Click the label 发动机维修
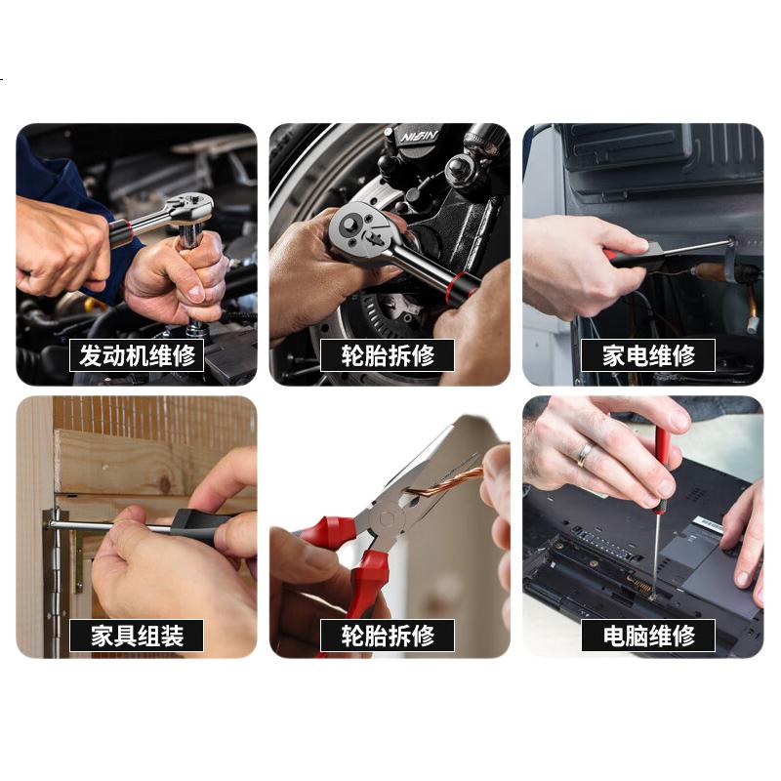point(137,355)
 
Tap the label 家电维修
point(648,355)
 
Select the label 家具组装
point(137,636)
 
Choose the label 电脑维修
point(648,636)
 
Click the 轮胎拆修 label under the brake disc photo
point(387,355)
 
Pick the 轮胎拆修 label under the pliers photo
point(387,636)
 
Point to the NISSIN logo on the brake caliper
point(419,137)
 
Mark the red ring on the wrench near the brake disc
point(456,288)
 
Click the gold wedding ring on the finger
point(584,454)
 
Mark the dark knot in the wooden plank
point(164,483)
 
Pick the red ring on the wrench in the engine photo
point(128,231)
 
